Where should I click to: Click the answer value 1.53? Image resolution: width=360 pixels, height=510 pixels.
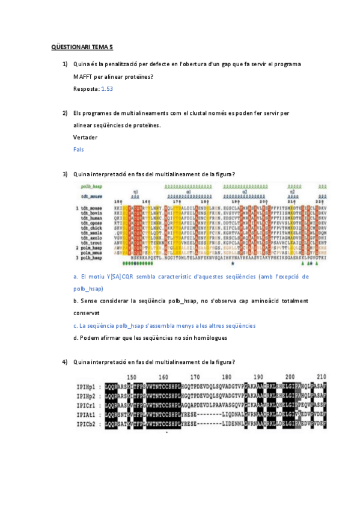click(107, 88)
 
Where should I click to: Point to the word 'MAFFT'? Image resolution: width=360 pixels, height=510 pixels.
click(85, 76)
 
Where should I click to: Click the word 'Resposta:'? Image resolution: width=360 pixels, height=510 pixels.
click(86, 88)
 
